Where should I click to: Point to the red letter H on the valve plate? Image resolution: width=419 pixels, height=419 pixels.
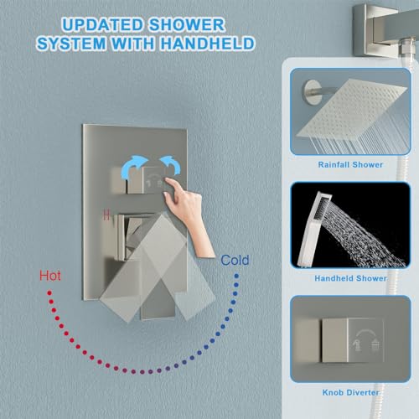[x=106, y=214]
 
